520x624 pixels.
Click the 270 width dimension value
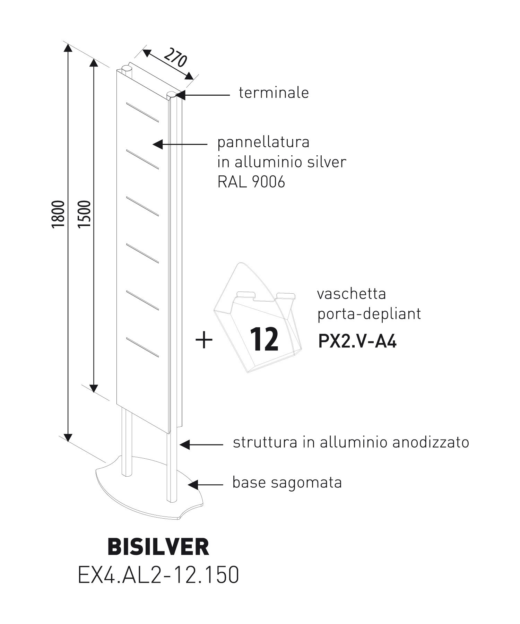175,59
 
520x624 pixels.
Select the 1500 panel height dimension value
85,214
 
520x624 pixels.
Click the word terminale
274,93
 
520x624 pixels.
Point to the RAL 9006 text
251,182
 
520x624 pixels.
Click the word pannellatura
263,142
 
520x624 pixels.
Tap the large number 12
265,340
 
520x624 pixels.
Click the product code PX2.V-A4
357,342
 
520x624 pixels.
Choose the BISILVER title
159,547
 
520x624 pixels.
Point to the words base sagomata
287,482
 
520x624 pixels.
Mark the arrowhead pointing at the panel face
157,144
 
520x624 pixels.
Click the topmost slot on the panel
142,112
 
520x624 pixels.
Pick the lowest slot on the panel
142,347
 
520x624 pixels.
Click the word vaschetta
352,294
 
